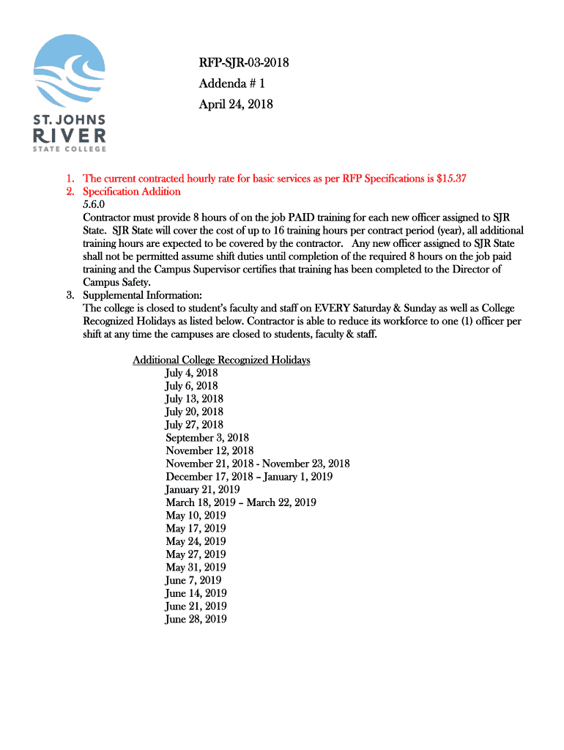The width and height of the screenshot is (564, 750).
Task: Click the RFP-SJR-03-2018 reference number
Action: click(x=244, y=64)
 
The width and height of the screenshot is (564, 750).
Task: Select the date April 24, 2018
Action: click(x=236, y=104)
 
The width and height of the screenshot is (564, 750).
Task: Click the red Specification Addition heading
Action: click(x=132, y=192)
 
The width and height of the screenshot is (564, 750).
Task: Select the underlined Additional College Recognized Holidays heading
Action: click(x=221, y=360)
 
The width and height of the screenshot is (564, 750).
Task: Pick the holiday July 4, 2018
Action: click(x=191, y=373)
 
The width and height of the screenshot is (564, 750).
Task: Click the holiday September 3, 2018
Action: click(x=207, y=438)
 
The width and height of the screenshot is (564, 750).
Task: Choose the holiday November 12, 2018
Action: click(x=209, y=450)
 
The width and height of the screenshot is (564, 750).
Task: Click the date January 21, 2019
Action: click(x=202, y=489)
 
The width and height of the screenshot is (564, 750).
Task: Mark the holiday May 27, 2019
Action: click(x=196, y=554)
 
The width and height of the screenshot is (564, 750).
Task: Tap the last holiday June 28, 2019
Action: click(x=196, y=619)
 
